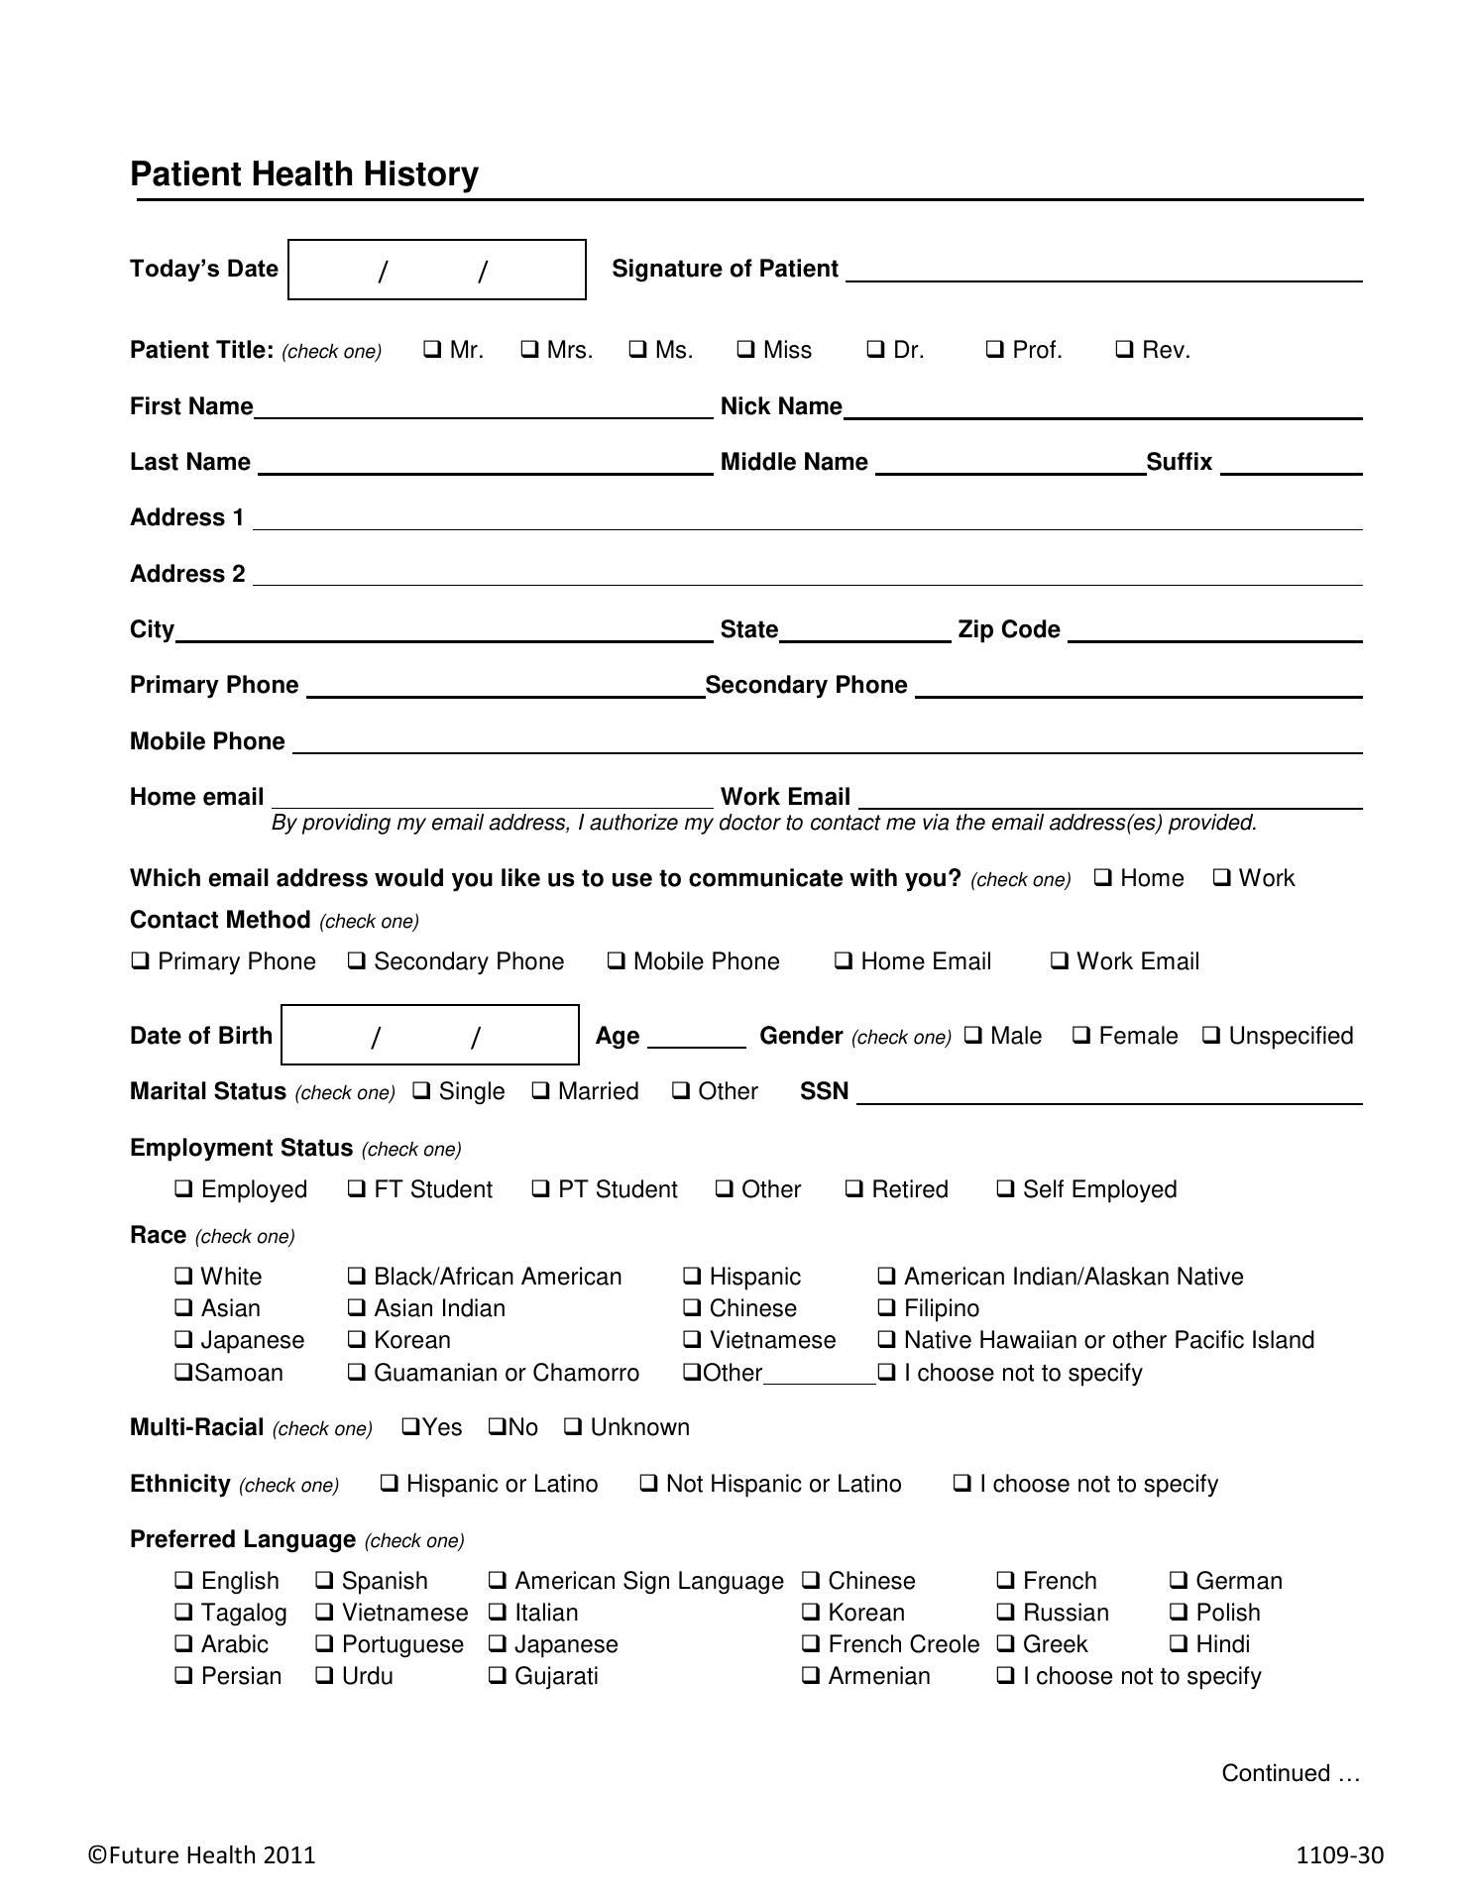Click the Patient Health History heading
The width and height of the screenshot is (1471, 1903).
tap(304, 174)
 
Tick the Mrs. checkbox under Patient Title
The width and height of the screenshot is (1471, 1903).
tap(530, 350)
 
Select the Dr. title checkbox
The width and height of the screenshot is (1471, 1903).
tap(875, 350)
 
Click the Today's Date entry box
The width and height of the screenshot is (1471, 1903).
tap(436, 270)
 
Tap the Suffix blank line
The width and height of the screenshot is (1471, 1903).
tap(1291, 465)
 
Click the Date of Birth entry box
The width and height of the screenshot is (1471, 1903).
tap(430, 1036)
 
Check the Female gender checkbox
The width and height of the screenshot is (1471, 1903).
tap(1081, 1036)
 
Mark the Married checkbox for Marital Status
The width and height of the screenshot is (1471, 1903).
tap(541, 1091)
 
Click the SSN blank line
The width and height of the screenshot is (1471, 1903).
tap(1109, 1094)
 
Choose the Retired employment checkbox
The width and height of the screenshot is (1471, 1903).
tap(854, 1189)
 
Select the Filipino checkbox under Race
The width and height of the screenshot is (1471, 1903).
tap(887, 1308)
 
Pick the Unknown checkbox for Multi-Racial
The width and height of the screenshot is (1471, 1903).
tap(573, 1427)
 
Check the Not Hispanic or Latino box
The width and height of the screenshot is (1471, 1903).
tap(649, 1484)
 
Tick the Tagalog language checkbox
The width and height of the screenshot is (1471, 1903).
tap(183, 1613)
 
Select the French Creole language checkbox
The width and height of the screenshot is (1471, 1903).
tap(811, 1644)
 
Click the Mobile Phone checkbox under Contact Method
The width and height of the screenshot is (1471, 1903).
tap(617, 961)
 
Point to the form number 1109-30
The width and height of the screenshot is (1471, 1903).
tap(1339, 1855)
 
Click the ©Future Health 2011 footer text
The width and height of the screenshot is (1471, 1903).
tap(202, 1855)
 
